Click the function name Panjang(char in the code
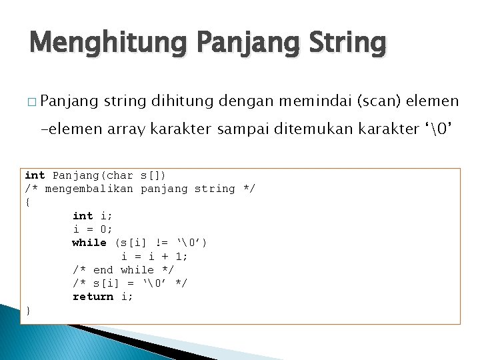(x=93, y=175)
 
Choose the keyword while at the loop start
(x=89, y=243)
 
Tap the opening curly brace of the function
(x=27, y=202)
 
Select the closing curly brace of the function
(x=27, y=310)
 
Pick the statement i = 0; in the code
(x=93, y=229)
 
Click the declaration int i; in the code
(x=93, y=215)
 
